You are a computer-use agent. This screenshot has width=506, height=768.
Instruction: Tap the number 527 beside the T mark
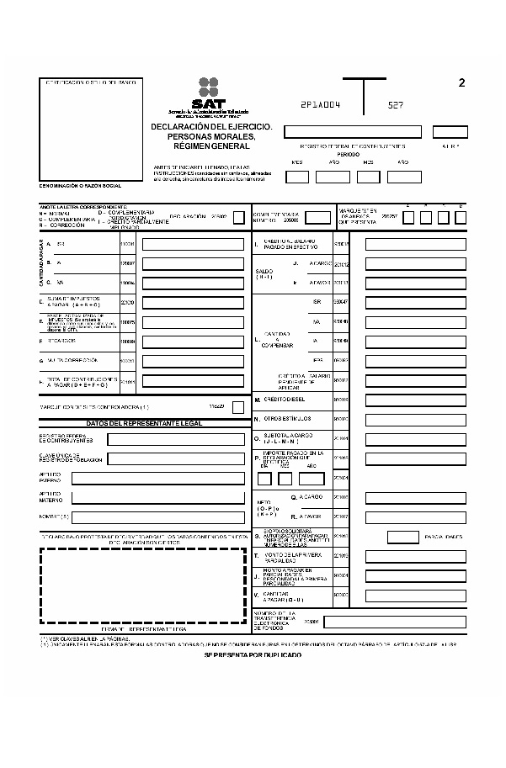click(x=396, y=106)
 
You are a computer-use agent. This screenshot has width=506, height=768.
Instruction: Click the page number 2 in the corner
click(x=461, y=82)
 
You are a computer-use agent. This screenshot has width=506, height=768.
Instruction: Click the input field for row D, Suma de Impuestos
click(x=192, y=303)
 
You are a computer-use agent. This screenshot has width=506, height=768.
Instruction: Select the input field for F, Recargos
click(x=192, y=342)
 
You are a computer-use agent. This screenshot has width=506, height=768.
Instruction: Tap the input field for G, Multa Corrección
click(x=192, y=361)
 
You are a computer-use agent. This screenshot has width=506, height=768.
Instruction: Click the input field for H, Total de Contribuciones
click(x=192, y=381)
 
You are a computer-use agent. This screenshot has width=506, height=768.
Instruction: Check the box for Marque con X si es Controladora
click(x=238, y=407)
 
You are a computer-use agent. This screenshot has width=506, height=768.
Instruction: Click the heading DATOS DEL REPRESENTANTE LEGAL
click(x=144, y=423)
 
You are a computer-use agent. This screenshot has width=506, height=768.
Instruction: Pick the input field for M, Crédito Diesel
click(x=415, y=400)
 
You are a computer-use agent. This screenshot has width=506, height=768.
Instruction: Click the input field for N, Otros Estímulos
click(x=415, y=418)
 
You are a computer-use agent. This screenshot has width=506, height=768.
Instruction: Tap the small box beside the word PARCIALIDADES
click(x=403, y=537)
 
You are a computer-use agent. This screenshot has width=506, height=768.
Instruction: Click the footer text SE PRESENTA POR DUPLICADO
click(x=253, y=654)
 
